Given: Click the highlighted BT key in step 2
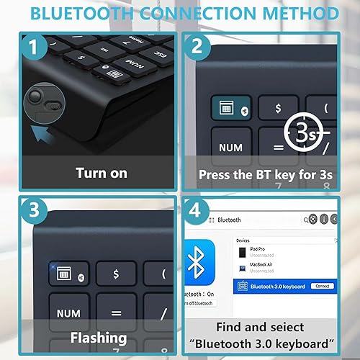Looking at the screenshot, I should [230, 107].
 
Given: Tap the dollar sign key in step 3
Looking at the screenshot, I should [114, 273].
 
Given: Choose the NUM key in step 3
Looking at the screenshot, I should [68, 314].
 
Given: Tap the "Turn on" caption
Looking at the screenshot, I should [102, 173].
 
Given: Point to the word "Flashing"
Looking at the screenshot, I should [99, 336].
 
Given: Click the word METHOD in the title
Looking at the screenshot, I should [295, 13].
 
